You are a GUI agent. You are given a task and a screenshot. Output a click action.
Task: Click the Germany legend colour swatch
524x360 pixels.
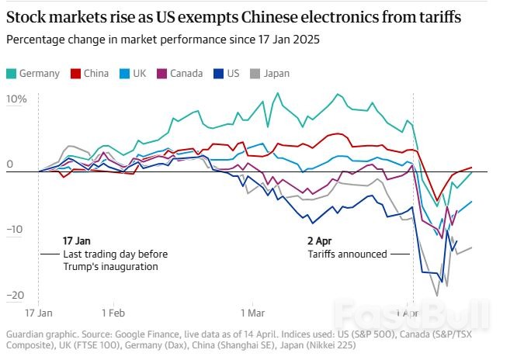11,74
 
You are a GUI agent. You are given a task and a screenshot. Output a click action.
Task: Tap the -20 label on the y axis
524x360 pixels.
16,296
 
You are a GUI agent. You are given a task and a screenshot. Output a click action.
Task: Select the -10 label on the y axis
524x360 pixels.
16,230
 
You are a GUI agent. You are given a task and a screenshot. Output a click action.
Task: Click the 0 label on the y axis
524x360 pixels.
9,164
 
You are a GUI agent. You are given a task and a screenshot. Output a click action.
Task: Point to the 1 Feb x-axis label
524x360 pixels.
113,313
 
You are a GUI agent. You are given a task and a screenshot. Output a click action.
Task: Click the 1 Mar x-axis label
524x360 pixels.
252,313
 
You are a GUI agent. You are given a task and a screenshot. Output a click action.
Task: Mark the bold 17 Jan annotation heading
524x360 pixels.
78,241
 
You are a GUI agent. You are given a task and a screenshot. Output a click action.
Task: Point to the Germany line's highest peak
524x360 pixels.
277,94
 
